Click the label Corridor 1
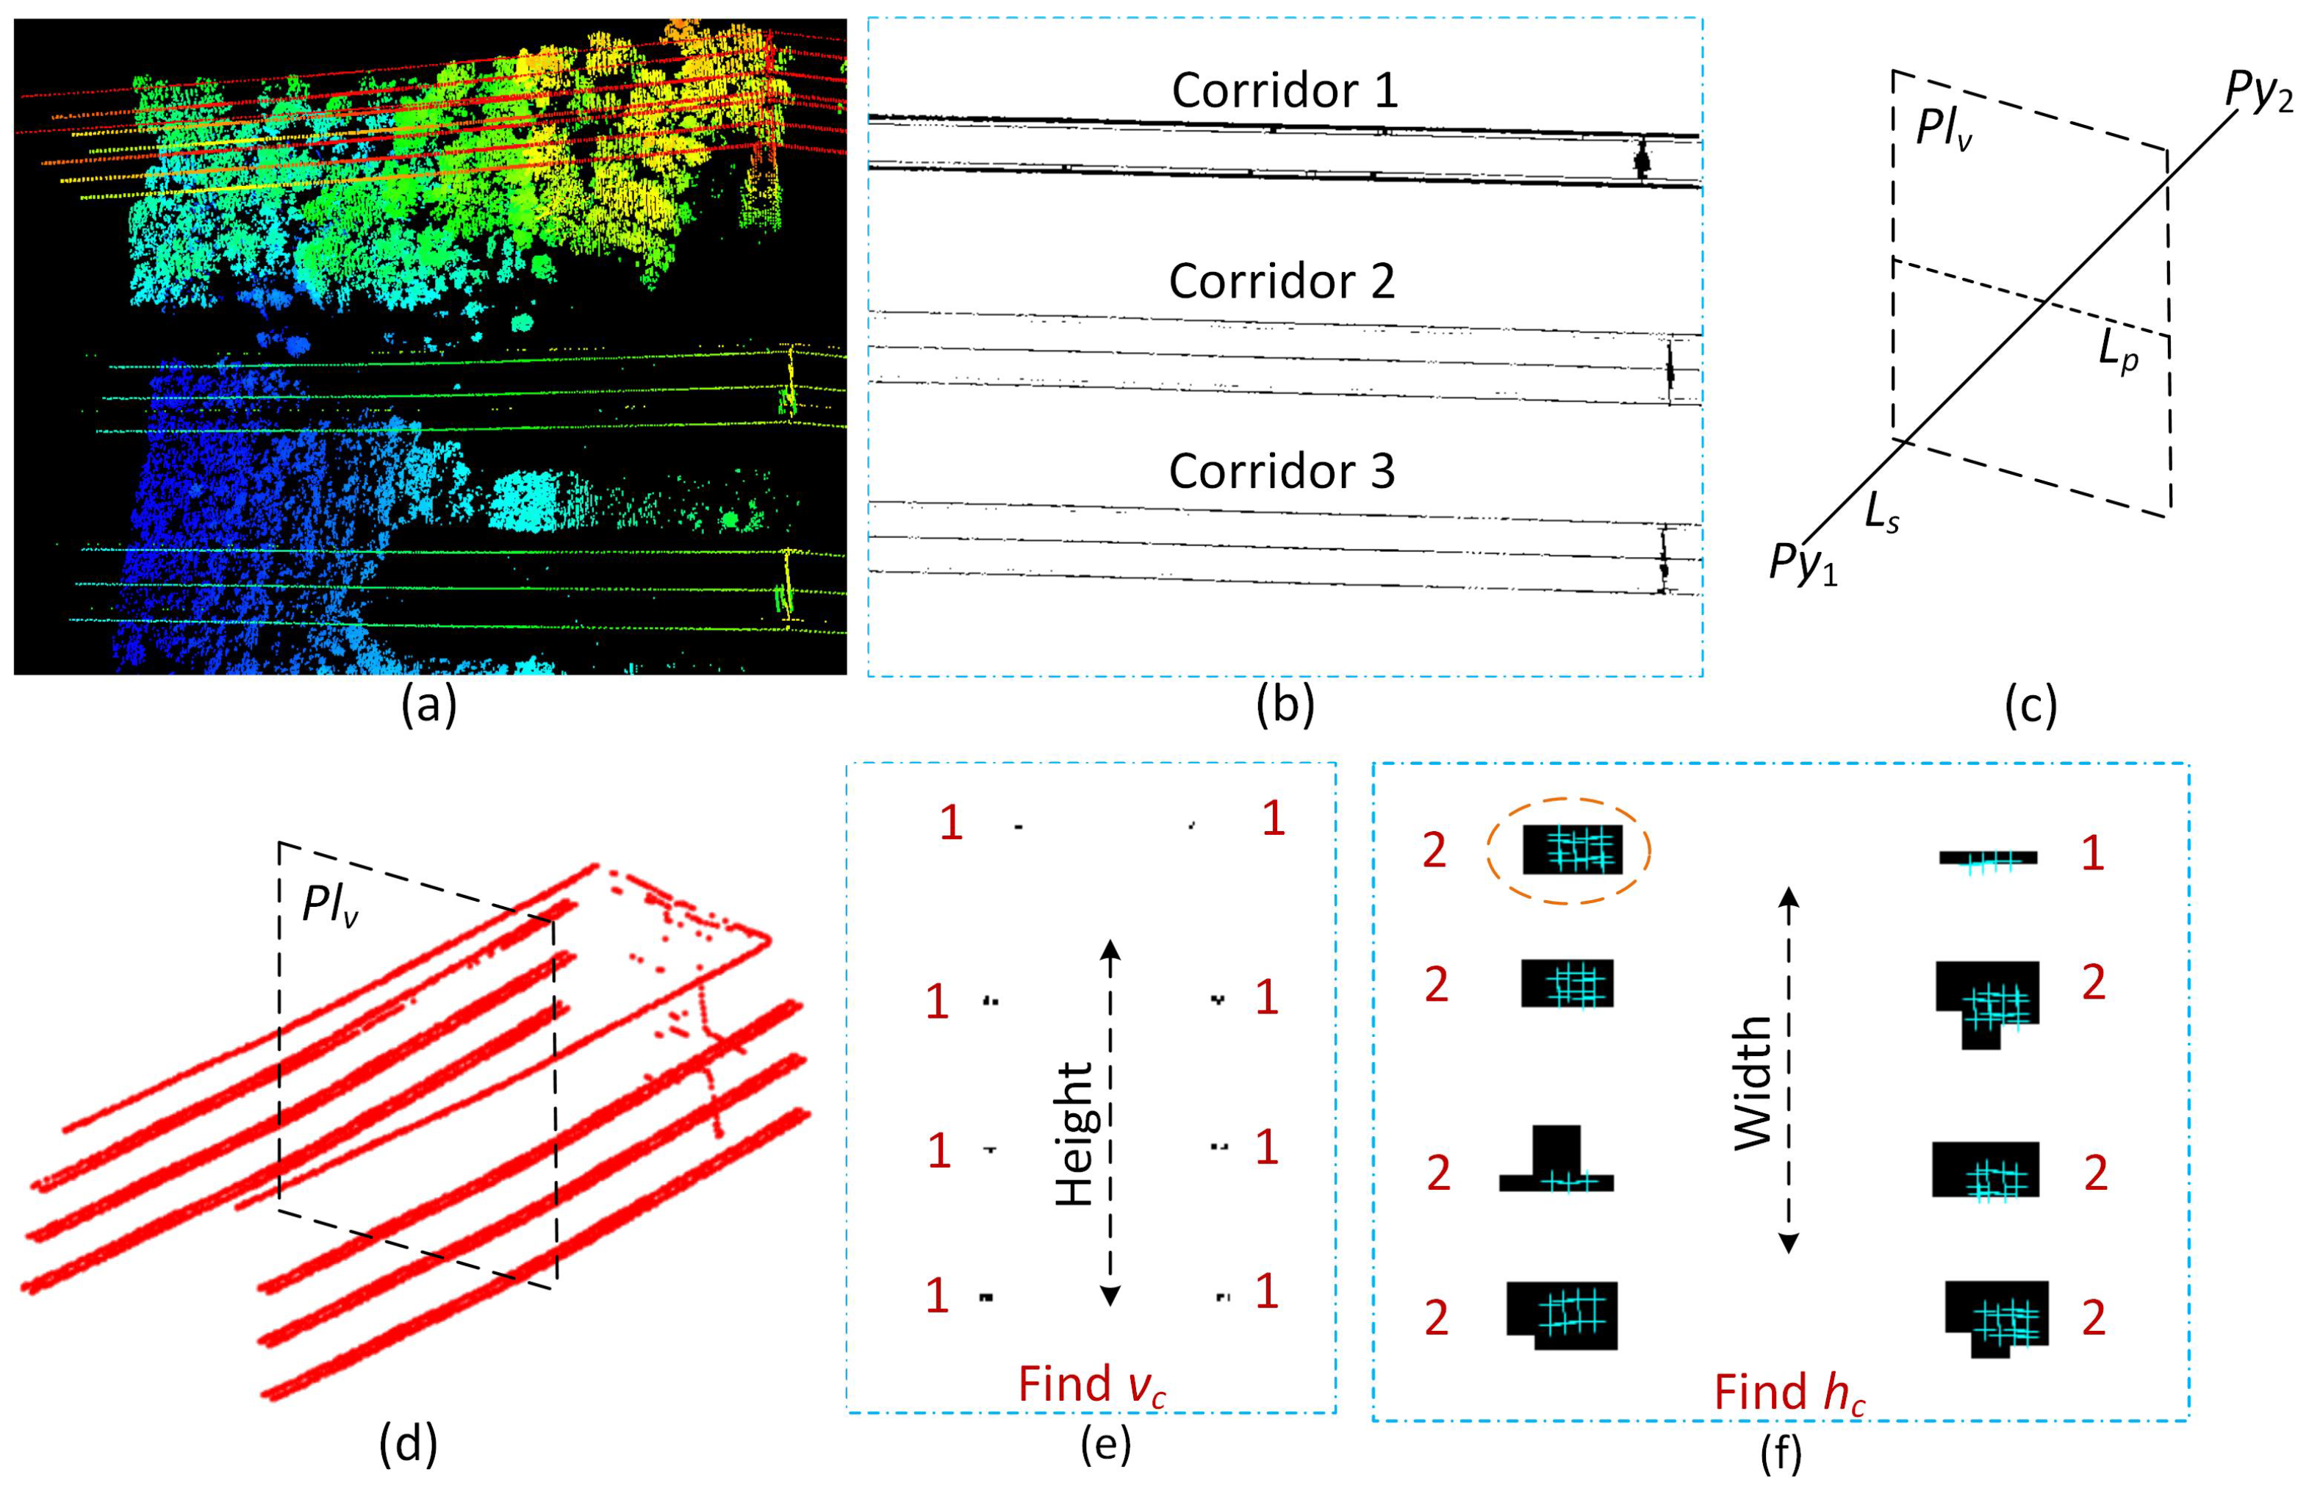point(1285,91)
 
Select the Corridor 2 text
point(1282,282)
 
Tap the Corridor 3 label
point(1282,473)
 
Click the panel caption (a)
point(429,706)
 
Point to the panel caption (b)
point(1285,706)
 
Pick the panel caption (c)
point(2030,706)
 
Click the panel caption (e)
point(1105,1443)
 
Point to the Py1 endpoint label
point(1803,563)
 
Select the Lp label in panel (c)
point(2118,351)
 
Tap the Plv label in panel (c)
point(1943,129)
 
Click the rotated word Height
point(1075,1133)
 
